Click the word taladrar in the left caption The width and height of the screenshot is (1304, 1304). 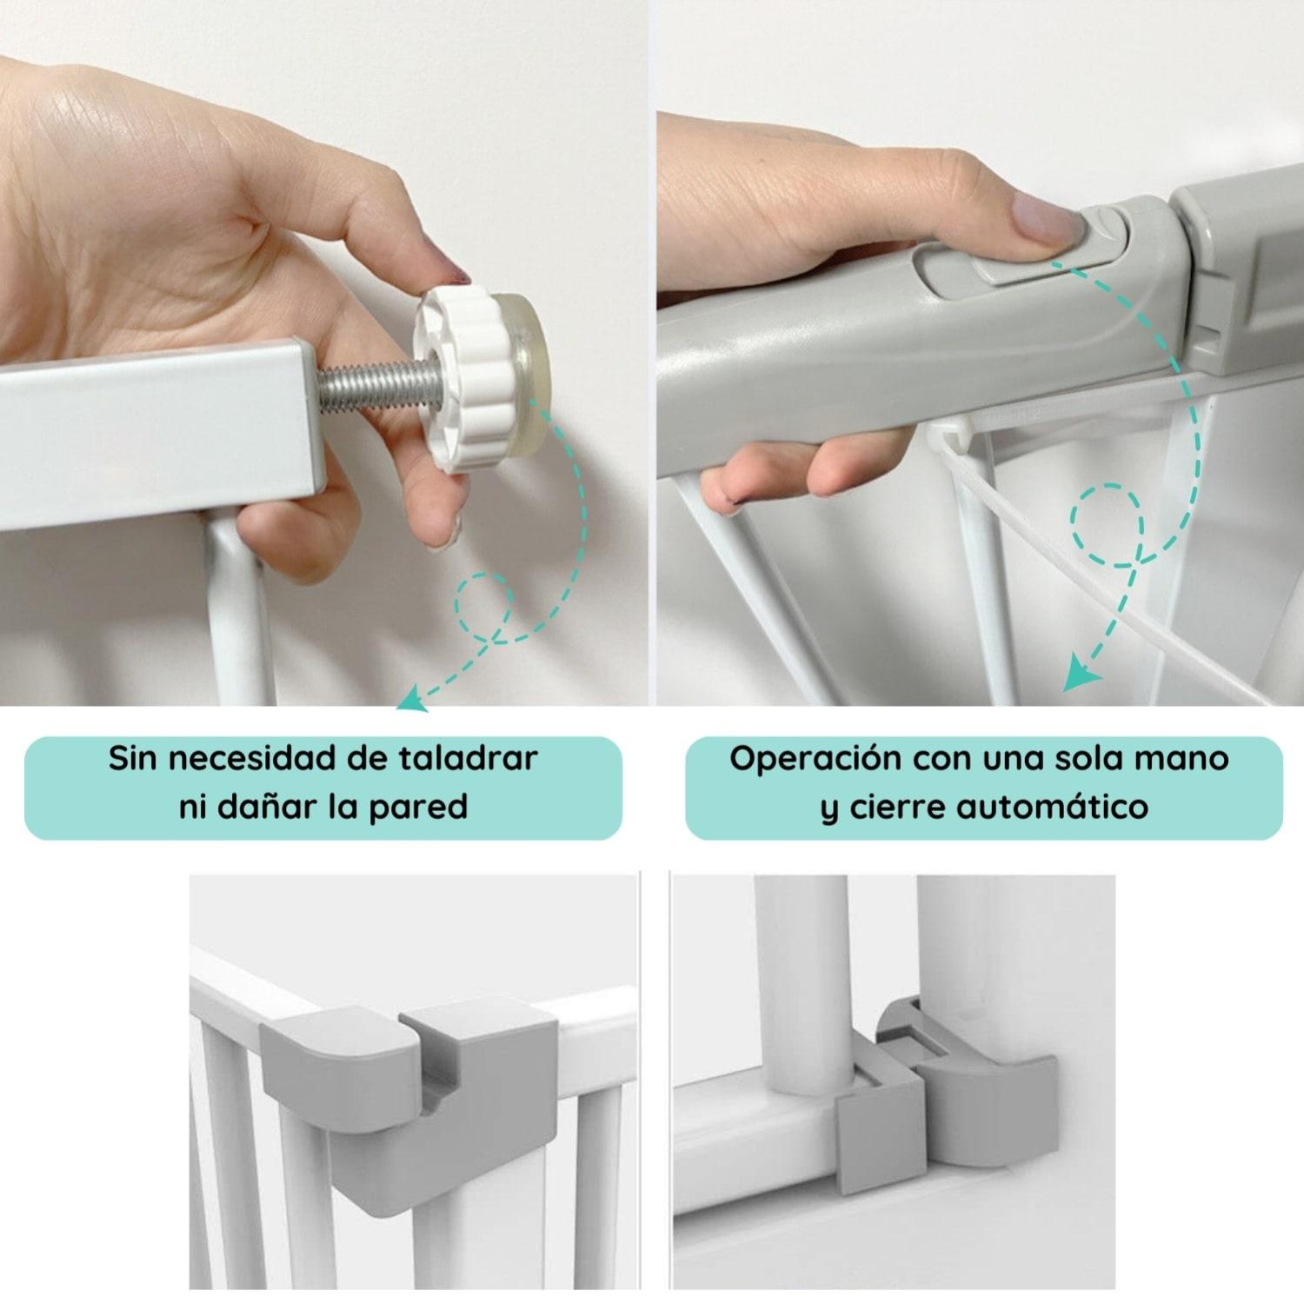pyautogui.click(x=469, y=759)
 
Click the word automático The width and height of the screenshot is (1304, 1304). pyautogui.click(x=1052, y=808)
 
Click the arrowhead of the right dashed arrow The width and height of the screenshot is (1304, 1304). pyautogui.click(x=1081, y=675)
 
